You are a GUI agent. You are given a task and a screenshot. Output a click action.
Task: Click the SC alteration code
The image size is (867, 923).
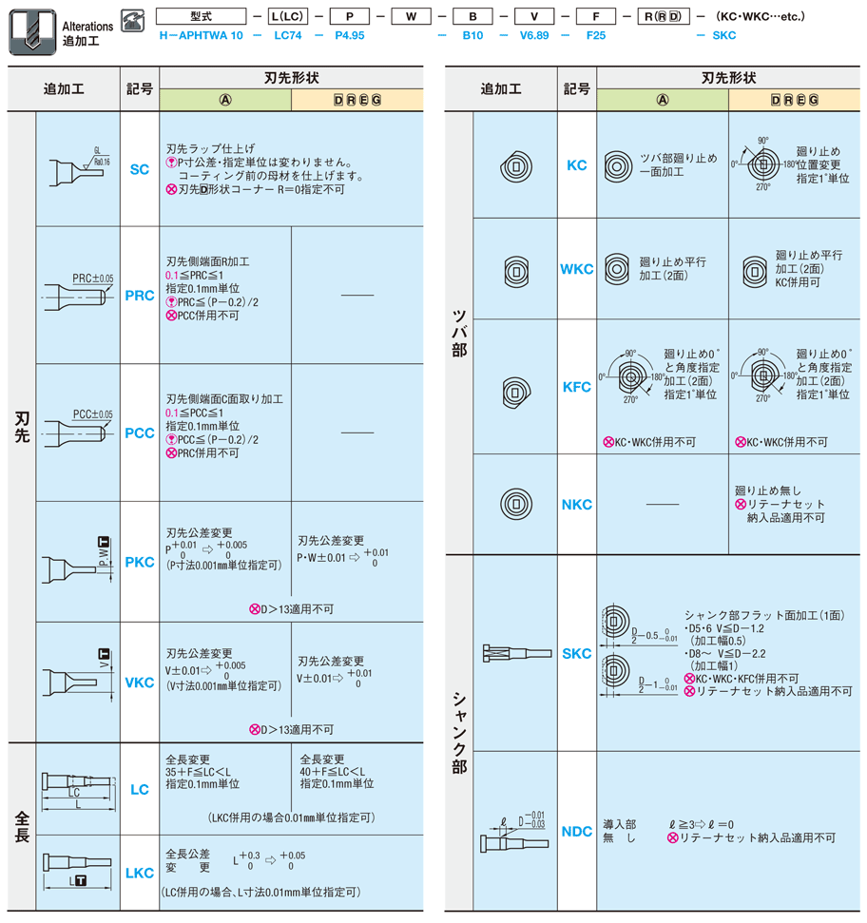click(x=139, y=170)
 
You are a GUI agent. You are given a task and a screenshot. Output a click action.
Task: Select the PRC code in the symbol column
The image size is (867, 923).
click(x=139, y=296)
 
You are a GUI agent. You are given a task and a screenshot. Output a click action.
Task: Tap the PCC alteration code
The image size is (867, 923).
click(x=139, y=433)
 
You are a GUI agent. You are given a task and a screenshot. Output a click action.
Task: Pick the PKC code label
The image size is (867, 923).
click(x=139, y=562)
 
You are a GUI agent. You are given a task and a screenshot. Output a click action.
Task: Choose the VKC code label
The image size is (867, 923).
click(x=139, y=683)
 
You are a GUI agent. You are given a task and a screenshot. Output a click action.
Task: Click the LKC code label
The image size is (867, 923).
click(x=139, y=873)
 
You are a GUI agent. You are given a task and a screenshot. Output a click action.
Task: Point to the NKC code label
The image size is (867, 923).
click(x=576, y=505)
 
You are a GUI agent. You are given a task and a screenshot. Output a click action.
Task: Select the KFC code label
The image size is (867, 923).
click(x=576, y=387)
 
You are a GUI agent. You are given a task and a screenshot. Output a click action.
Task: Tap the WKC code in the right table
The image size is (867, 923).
click(x=576, y=269)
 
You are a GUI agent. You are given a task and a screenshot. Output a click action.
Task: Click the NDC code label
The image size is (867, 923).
click(x=576, y=832)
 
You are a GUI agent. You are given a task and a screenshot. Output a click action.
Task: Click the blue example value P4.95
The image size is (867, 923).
click(x=351, y=35)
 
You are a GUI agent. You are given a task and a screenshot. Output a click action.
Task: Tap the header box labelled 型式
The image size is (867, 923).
click(x=200, y=16)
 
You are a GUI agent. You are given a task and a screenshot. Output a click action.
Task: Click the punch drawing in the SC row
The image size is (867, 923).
click(x=78, y=169)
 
